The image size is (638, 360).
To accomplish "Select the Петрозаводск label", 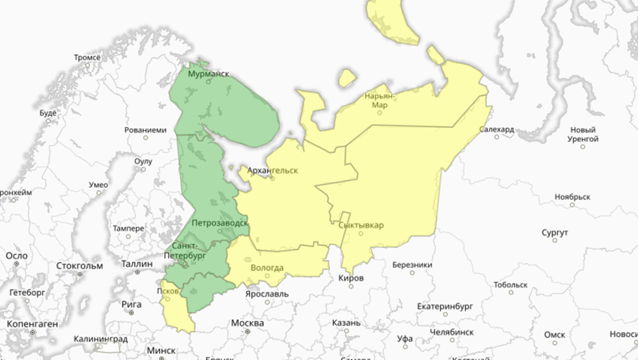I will [x=219, y=223].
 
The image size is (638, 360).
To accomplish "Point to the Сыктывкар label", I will [x=362, y=225].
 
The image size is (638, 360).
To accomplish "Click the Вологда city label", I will [x=268, y=267].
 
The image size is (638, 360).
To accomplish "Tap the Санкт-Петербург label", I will [x=185, y=250].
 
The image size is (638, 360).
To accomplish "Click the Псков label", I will [x=168, y=290].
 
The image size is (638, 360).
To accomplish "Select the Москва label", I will [x=247, y=323].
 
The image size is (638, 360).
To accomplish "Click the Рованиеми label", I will [x=145, y=130].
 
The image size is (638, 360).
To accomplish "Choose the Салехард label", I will [x=497, y=129].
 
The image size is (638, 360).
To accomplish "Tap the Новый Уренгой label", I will [x=583, y=134].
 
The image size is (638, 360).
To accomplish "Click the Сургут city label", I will [x=554, y=233].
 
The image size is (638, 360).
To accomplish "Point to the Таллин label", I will [x=137, y=263].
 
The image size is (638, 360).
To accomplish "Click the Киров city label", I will [x=351, y=278].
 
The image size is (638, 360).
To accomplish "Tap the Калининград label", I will [x=100, y=339].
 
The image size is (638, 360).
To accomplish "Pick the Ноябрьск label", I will [x=572, y=197].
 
